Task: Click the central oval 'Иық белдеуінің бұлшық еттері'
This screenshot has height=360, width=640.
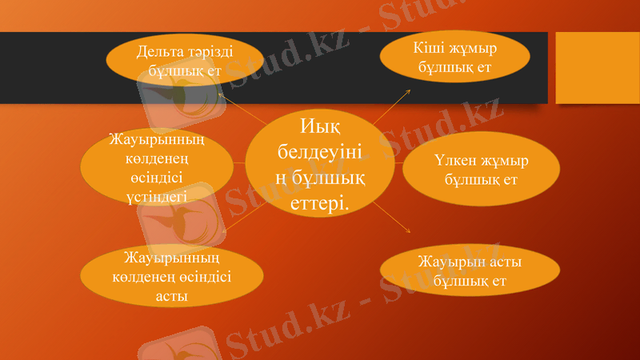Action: coord(319,163)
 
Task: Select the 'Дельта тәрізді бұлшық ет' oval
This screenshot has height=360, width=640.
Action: coord(184,61)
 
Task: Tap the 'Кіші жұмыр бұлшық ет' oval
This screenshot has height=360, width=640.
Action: coord(454,57)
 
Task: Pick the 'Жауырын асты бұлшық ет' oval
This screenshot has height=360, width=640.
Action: coord(470,271)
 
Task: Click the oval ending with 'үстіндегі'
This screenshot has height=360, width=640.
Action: coord(157,167)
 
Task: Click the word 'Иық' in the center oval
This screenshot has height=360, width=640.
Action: coord(319,126)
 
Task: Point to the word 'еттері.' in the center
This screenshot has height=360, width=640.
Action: coord(319,204)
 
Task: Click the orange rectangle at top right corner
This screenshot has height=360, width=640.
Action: coord(597,67)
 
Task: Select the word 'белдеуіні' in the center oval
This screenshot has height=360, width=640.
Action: coord(319,151)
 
